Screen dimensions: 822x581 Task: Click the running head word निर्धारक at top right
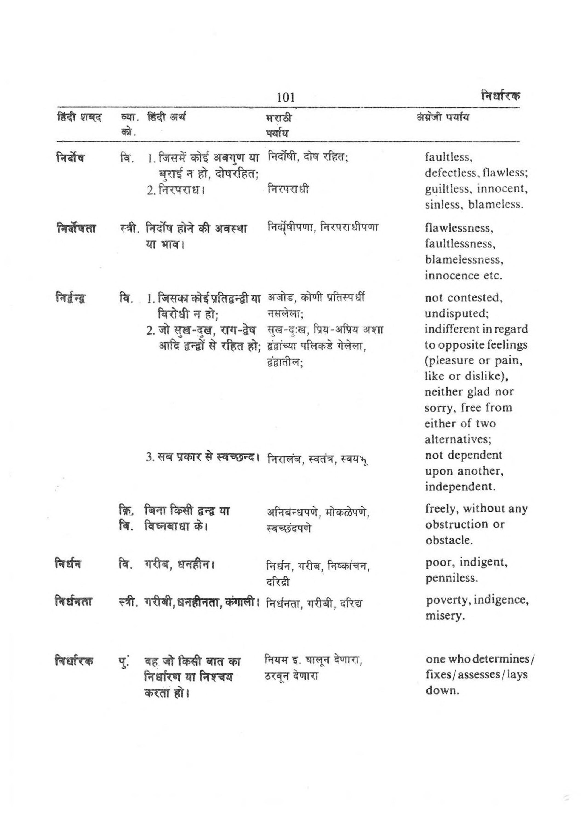coord(500,96)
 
